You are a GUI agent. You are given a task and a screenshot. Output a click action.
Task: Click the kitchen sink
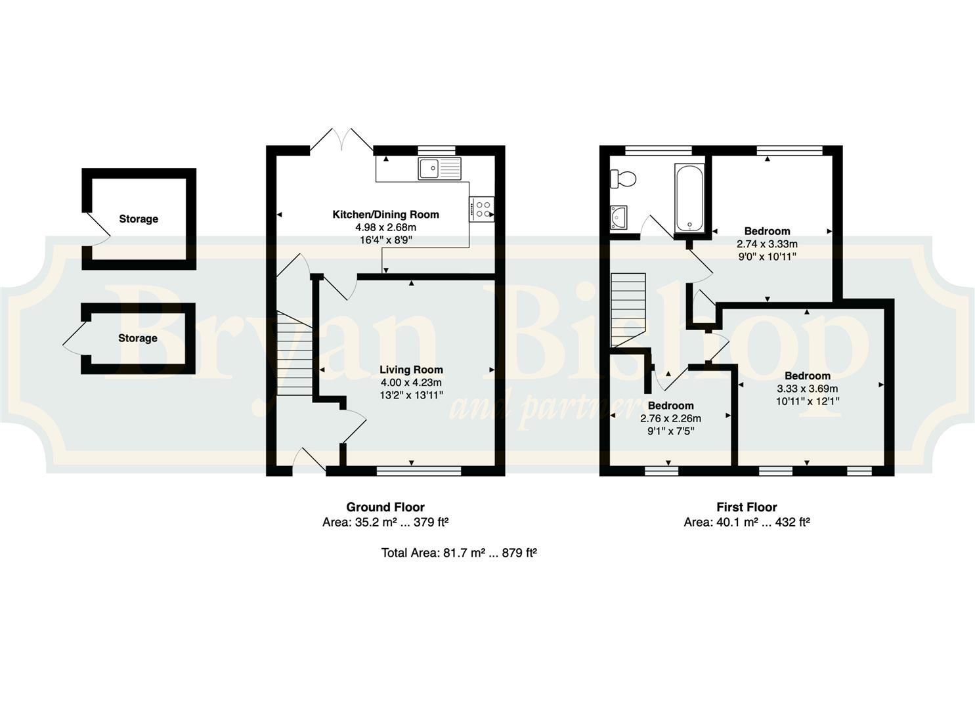click(x=440, y=169)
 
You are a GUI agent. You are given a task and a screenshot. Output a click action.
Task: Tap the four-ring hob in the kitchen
click(x=481, y=209)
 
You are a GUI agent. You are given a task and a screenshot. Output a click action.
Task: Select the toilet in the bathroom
click(x=623, y=179)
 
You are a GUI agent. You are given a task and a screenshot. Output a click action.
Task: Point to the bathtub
click(x=689, y=198)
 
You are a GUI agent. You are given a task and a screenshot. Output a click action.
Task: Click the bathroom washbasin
click(x=618, y=217)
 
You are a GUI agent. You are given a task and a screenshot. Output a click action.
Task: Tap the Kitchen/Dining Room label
click(x=385, y=215)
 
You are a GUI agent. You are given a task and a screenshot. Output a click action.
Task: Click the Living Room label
click(x=411, y=370)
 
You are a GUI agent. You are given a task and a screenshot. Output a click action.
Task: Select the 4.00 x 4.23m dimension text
click(x=411, y=383)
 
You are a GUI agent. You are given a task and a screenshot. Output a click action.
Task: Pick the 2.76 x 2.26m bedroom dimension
click(x=671, y=419)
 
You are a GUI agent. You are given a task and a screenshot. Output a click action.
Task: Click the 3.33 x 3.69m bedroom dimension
click(x=808, y=389)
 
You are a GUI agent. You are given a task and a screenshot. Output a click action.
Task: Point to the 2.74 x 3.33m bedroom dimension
click(x=767, y=244)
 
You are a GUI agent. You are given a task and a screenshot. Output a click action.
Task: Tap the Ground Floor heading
click(x=385, y=507)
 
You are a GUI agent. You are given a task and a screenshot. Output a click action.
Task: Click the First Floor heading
click(x=747, y=507)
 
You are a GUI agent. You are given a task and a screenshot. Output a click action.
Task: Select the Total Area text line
click(x=459, y=553)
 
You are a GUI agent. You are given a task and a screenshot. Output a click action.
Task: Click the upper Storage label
click(x=139, y=219)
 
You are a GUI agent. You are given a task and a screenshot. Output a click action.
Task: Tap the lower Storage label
click(x=137, y=338)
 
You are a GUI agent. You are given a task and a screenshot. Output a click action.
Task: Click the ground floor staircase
click(x=295, y=353)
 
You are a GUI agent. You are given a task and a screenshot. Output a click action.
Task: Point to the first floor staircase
click(x=628, y=310)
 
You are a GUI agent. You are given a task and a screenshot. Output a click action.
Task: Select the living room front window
click(x=419, y=471)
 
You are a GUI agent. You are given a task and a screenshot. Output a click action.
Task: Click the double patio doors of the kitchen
click(x=341, y=139)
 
